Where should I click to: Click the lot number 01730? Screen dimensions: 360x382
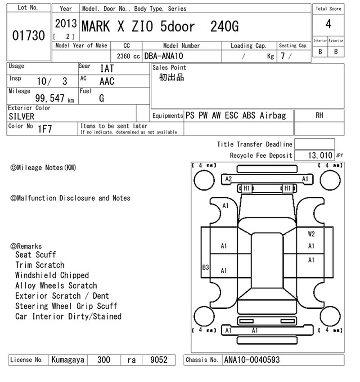click(x=28, y=36)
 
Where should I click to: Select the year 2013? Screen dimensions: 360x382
click(x=66, y=24)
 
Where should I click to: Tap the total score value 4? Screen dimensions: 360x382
click(x=328, y=24)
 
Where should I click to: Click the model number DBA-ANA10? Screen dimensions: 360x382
click(x=164, y=56)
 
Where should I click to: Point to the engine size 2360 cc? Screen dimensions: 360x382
click(x=128, y=56)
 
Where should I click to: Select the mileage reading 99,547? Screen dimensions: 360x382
click(x=50, y=98)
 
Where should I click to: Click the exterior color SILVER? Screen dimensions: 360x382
click(x=22, y=116)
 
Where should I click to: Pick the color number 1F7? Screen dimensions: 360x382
click(x=45, y=129)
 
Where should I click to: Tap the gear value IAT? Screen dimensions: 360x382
click(x=107, y=69)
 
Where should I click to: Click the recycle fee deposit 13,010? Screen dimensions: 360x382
click(x=320, y=155)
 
